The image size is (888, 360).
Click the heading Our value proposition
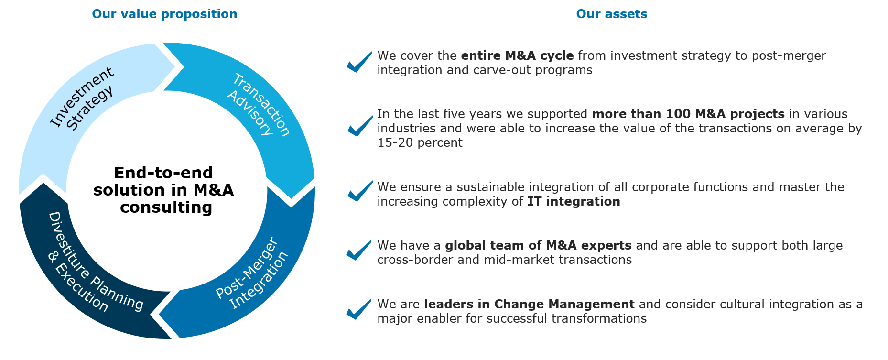coord(164,14)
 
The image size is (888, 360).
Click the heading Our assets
coord(612,14)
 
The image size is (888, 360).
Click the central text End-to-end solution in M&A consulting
coord(164,190)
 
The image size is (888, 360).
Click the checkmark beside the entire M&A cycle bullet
coord(359,62)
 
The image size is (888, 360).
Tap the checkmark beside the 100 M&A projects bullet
coord(360,126)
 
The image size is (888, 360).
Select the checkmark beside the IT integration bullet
coord(360,191)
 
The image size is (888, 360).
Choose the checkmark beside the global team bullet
coord(359,250)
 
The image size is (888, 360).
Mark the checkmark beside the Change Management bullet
coord(359,309)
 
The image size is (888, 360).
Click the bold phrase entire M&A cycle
coord(517,56)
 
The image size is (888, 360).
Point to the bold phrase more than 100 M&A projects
coord(688,114)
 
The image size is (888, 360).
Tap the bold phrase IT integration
coord(574,202)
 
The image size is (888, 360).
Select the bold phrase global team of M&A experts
coord(538,246)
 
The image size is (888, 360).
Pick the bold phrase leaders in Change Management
coord(529,305)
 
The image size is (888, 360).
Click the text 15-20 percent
coord(420,143)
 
